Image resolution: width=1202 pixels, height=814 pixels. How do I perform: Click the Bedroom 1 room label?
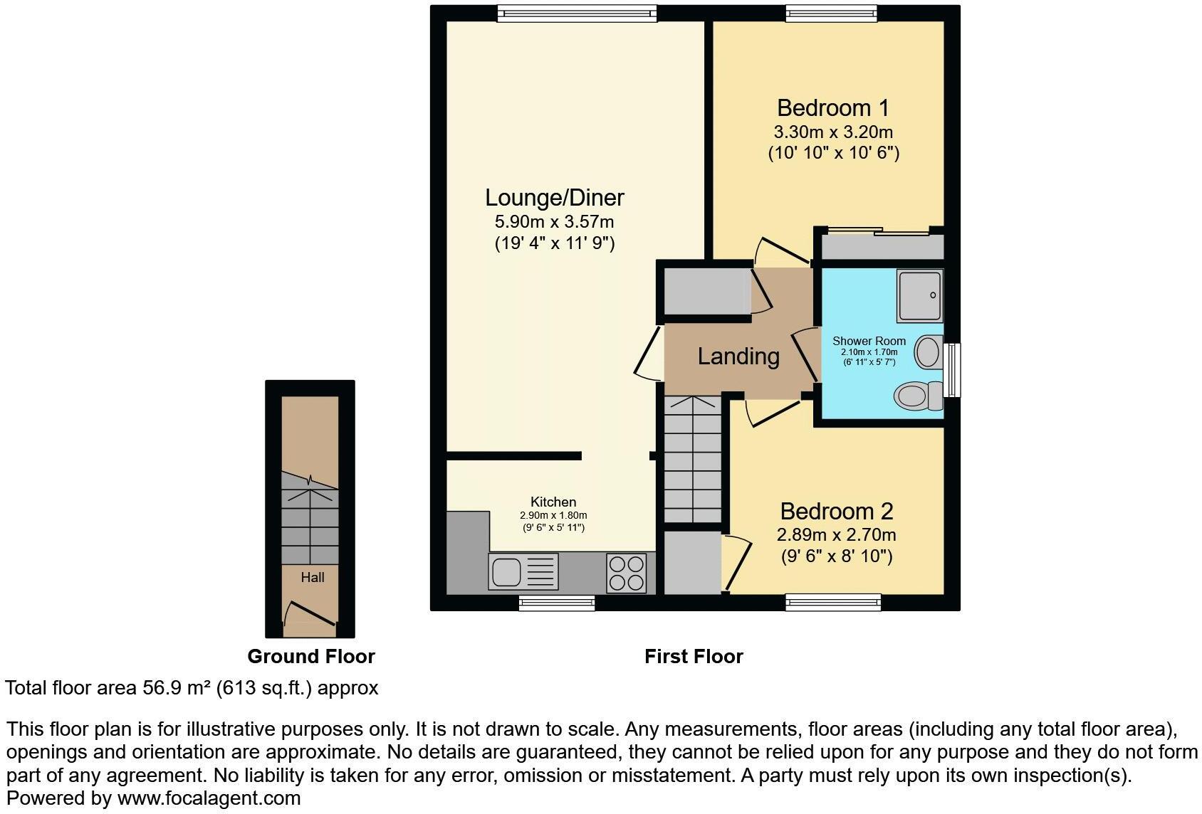pos(832,108)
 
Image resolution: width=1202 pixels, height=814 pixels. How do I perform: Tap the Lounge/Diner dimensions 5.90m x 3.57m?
pos(554,221)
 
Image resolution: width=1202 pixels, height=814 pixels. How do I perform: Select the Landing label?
pos(738,356)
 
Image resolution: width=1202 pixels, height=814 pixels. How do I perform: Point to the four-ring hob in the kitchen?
pos(626,573)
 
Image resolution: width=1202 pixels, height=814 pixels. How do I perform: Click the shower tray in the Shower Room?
pos(919,295)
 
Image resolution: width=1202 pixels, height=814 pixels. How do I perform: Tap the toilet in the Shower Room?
pos(917,396)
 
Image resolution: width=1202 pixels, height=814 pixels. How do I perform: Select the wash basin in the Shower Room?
pos(928,351)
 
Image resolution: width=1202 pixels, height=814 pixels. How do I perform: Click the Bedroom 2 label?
pos(836,511)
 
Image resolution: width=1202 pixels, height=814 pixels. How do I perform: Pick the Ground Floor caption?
pos(310,656)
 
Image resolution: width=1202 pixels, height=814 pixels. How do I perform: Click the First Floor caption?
pos(693,656)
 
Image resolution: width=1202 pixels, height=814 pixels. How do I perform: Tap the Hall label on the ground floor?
pos(312,577)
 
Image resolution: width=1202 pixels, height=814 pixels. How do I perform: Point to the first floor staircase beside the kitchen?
pos(692,460)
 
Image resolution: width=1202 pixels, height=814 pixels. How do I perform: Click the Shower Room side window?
pos(951,369)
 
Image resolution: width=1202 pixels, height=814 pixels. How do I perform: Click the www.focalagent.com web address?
pos(208,798)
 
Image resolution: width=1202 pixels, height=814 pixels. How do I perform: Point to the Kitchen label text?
pos(553,502)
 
